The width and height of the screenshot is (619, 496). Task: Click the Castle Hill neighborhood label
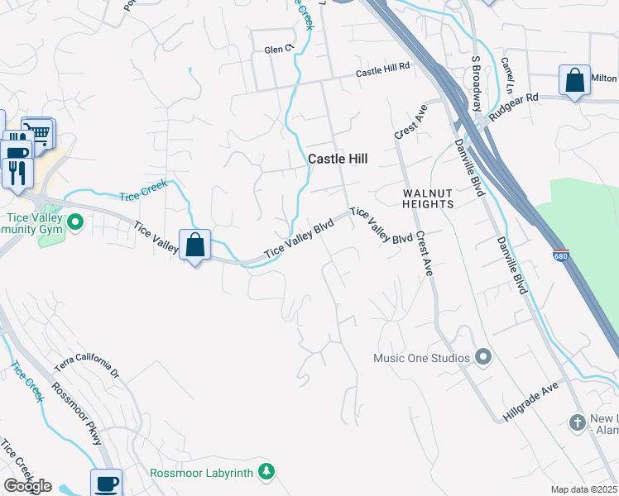tap(338, 158)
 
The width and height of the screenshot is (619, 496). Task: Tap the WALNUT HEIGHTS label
tap(428, 198)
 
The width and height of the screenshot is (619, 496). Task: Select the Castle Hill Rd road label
tap(383, 73)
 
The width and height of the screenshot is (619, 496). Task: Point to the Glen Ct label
tap(279, 50)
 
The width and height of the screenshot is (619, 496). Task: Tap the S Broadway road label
tap(477, 83)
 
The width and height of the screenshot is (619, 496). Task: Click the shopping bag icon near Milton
tap(574, 81)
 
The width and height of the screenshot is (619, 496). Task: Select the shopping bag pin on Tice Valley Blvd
tap(194, 245)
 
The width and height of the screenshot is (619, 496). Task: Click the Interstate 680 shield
tap(560, 256)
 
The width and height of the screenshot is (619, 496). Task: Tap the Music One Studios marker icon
tap(484, 358)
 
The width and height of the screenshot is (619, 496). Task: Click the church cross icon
tap(578, 423)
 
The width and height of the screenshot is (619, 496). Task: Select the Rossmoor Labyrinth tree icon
tap(266, 473)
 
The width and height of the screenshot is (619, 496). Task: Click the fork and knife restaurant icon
tap(17, 170)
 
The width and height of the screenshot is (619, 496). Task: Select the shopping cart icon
tap(38, 131)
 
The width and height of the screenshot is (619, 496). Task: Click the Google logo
tap(27, 486)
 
